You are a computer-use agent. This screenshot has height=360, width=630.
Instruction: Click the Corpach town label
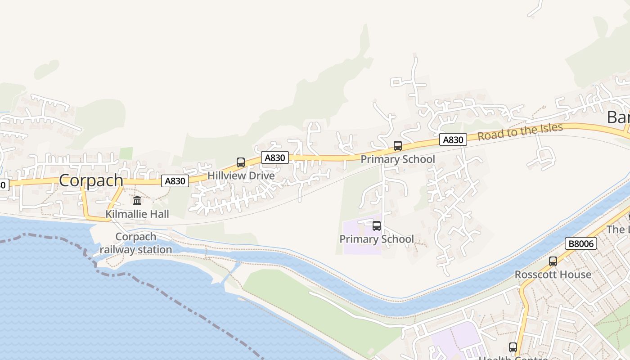click(x=91, y=180)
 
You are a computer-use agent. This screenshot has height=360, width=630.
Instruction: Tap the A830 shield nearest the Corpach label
click(x=175, y=181)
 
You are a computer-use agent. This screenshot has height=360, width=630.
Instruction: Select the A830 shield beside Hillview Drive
click(x=274, y=157)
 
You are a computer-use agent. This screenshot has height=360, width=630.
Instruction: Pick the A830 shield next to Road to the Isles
click(x=453, y=140)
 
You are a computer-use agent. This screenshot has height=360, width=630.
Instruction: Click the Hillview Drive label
click(x=241, y=175)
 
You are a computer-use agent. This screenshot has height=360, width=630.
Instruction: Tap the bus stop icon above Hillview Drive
click(x=241, y=162)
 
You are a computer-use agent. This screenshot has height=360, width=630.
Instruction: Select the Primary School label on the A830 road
click(x=398, y=159)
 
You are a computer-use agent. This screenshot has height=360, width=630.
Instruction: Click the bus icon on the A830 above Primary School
click(x=398, y=146)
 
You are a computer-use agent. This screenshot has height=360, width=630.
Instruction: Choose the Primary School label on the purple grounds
click(x=377, y=239)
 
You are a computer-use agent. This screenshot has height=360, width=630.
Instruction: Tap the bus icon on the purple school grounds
click(x=377, y=226)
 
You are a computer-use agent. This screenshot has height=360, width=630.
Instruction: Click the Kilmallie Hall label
click(x=137, y=214)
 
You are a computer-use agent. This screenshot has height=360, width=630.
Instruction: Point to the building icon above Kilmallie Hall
click(x=137, y=200)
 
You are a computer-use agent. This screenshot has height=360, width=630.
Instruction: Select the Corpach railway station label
click(x=136, y=243)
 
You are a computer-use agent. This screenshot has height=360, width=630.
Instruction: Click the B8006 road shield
click(x=580, y=244)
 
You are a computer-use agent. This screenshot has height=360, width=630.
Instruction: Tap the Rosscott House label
click(x=553, y=274)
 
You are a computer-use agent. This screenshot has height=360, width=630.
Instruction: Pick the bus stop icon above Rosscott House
click(x=553, y=261)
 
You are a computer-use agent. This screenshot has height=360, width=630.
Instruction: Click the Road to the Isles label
click(x=520, y=131)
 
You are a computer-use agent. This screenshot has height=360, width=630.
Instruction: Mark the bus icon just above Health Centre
click(x=513, y=347)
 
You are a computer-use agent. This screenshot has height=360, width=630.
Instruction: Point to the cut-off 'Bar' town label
click(x=618, y=117)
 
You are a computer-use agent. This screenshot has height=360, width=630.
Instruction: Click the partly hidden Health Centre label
click(x=513, y=358)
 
